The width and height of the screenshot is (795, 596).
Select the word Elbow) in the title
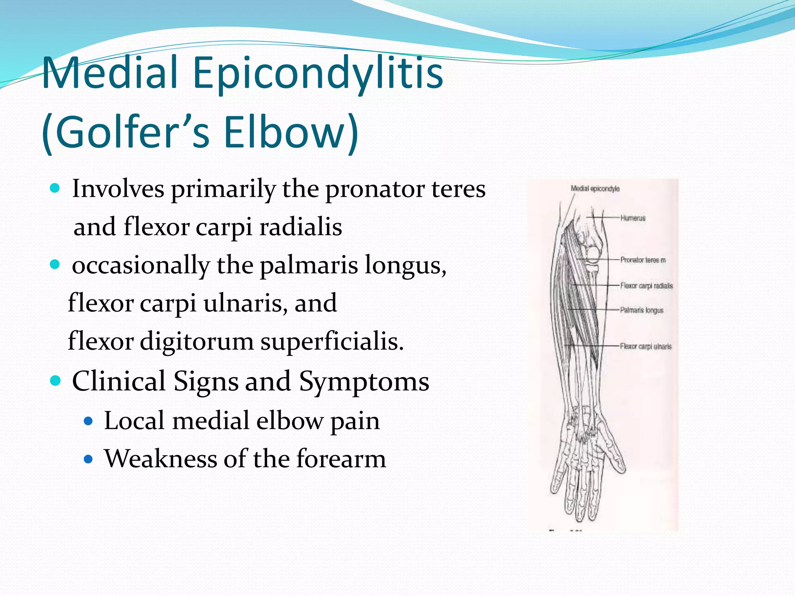291,132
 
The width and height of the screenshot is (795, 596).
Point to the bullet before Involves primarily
55,189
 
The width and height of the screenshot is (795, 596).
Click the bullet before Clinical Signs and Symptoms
56,381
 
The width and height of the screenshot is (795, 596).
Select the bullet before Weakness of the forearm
89,459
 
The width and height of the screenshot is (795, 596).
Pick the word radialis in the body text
301,227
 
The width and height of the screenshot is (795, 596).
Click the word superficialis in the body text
332,341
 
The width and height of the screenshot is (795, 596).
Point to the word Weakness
160,459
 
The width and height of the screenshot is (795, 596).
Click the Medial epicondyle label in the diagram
595,189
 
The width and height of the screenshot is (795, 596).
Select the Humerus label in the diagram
633,218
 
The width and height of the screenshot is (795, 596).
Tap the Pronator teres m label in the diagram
643,260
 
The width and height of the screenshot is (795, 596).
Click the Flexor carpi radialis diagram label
646,286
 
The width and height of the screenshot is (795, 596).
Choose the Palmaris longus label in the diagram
642,310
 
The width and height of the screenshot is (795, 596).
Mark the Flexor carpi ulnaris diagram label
646,347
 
